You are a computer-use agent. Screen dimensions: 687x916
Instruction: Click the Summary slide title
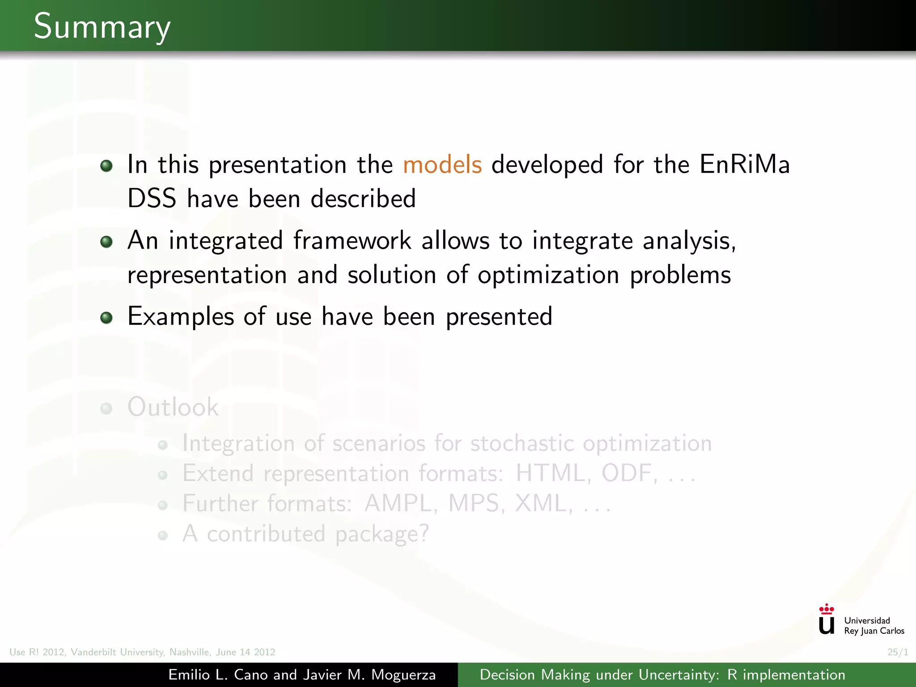[102, 27]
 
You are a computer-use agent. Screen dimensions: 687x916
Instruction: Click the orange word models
[442, 164]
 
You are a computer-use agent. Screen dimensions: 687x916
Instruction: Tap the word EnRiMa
[744, 164]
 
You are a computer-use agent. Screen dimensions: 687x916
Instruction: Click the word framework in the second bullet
[352, 241]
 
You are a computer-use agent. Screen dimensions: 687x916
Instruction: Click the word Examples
[181, 317]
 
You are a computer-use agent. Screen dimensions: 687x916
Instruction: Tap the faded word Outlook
[173, 407]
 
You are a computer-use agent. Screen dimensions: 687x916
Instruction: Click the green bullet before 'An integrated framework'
[106, 242]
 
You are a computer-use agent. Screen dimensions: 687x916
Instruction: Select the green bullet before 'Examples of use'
[106, 318]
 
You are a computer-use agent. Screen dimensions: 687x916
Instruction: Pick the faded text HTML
[550, 473]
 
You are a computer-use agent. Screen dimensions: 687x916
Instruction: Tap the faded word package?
[382, 534]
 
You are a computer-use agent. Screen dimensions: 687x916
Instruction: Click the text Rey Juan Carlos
[874, 631]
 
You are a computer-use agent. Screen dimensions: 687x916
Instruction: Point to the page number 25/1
[898, 652]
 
